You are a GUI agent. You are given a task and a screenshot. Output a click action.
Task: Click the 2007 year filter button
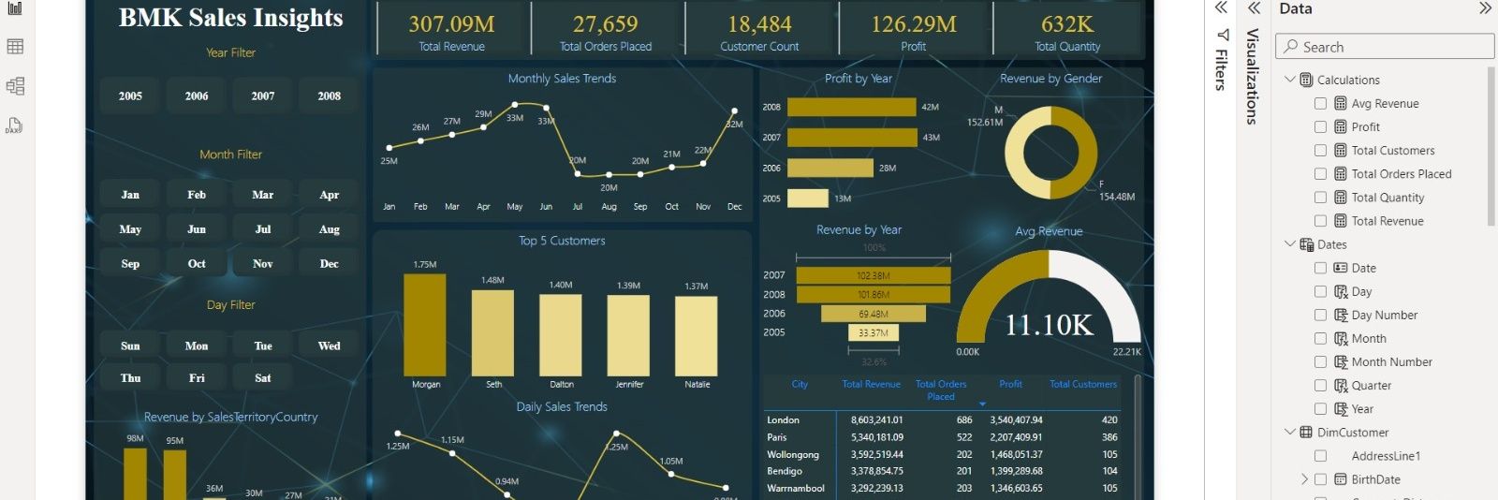[x=263, y=96]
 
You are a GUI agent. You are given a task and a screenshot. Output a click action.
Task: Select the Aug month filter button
[x=329, y=229]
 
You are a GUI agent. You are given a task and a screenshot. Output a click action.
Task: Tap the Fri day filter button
[x=197, y=378]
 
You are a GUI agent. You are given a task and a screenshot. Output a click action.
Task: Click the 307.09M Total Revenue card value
[x=451, y=24]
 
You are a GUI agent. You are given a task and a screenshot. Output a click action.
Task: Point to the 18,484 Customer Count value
[x=759, y=24]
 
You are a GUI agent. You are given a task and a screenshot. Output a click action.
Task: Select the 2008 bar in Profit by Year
[x=851, y=108]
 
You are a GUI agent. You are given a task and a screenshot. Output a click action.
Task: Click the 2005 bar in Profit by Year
[x=807, y=199]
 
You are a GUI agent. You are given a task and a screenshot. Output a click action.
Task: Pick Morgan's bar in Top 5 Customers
[x=425, y=325]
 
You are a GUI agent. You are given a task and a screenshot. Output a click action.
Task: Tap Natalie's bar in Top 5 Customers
[x=697, y=335]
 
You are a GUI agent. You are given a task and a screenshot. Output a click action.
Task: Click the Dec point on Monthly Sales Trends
[x=734, y=111]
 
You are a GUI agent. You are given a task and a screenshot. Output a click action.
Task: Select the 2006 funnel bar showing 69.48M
[x=873, y=314]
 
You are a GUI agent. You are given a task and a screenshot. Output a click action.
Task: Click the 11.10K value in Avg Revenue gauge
[x=1049, y=325]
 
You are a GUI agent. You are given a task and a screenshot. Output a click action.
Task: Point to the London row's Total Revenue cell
[x=876, y=420]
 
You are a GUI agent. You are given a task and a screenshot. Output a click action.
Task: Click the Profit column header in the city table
[x=1010, y=384]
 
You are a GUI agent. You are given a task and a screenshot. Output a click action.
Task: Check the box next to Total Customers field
[x=1320, y=151]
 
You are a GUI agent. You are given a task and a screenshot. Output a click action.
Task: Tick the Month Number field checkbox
[x=1320, y=362]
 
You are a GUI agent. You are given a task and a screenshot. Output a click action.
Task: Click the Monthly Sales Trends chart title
[x=562, y=79]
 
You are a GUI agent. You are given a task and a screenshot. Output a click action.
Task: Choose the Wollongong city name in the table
[x=792, y=455]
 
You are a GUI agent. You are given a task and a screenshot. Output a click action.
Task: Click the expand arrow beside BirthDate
[x=1304, y=479]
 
